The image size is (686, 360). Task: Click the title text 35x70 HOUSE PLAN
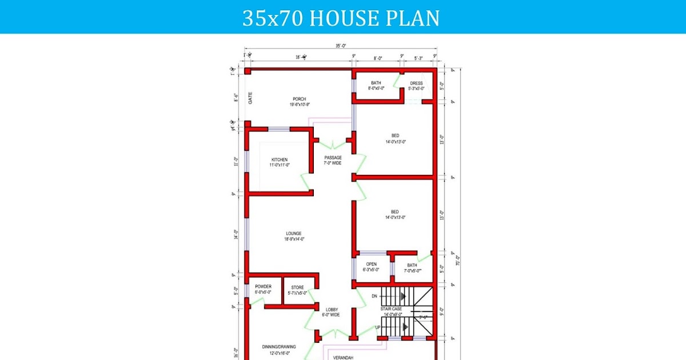click(x=341, y=18)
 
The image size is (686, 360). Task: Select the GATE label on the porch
click(x=250, y=98)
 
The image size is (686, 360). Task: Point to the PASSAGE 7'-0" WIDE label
click(x=333, y=161)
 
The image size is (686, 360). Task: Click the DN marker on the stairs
click(x=374, y=296)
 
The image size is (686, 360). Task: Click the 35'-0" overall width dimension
click(x=341, y=46)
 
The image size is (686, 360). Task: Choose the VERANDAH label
click(x=343, y=357)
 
